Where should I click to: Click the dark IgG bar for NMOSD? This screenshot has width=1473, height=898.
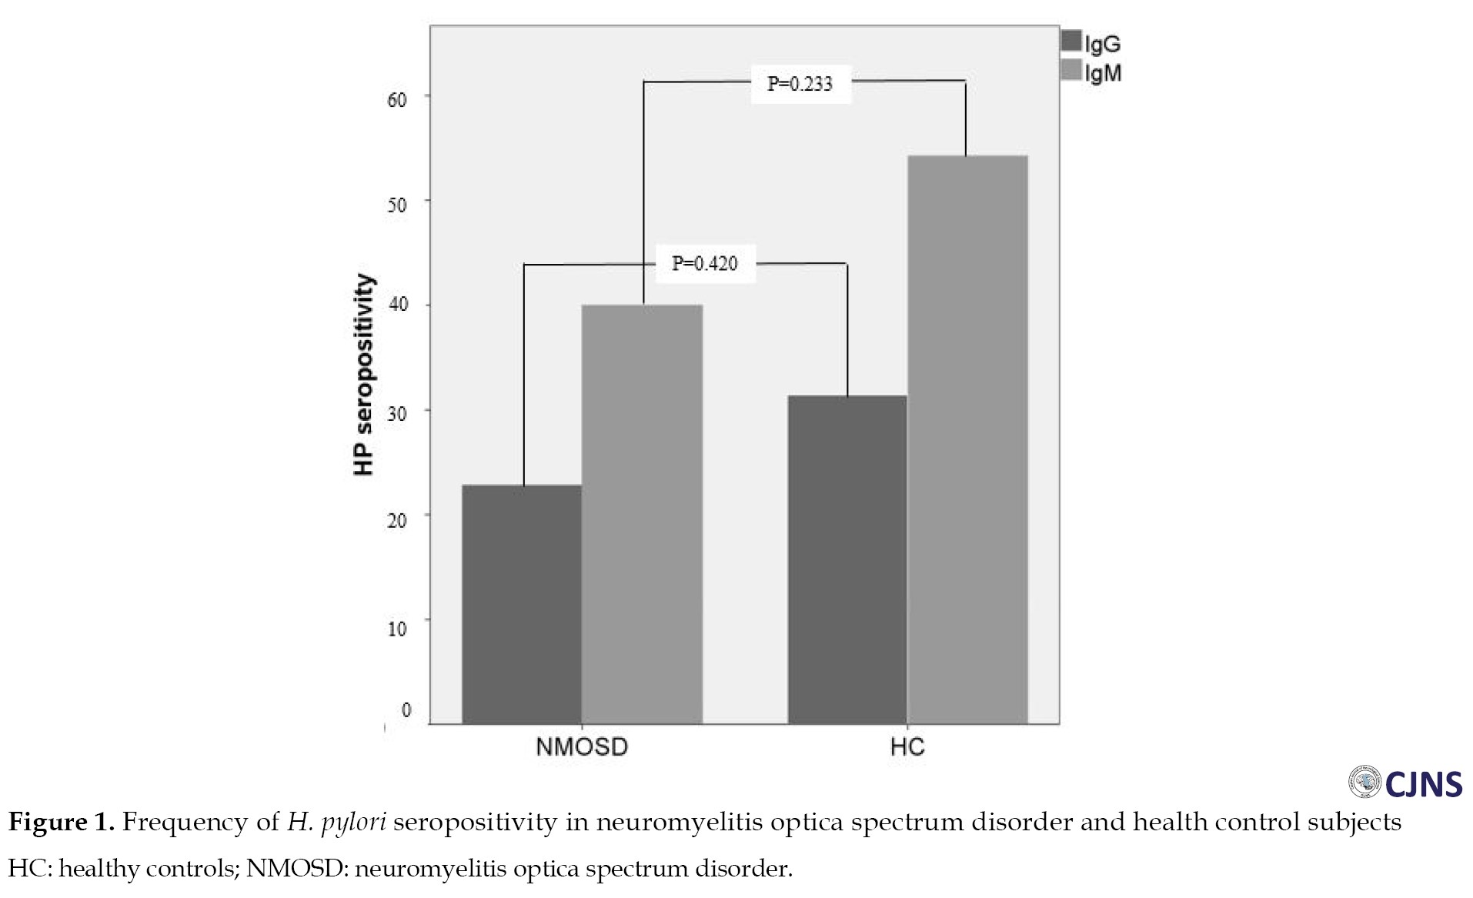pos(522,604)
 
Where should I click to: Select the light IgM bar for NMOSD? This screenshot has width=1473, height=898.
pos(642,514)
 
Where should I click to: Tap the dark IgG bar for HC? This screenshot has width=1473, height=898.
pos(847,559)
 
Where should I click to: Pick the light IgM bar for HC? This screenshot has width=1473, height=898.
pos(967,439)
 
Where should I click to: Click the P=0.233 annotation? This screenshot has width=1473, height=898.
pos(800,84)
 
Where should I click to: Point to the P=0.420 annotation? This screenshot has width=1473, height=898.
pos(704,263)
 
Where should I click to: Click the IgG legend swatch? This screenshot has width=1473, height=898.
pos(1071,41)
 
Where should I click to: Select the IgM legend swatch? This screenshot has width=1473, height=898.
pos(1071,70)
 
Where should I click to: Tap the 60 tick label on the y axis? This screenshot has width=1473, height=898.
pos(397,100)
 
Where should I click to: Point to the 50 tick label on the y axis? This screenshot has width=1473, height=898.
pos(397,205)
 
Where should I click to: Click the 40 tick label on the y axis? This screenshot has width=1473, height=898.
pos(398,305)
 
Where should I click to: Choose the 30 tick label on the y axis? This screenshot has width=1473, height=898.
pos(397,414)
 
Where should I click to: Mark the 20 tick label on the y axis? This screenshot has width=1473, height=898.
pos(397,521)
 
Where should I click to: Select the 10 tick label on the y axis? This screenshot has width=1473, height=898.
pos(397,629)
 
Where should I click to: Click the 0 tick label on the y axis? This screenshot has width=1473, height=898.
pos(406,709)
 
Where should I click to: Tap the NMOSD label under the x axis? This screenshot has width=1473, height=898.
pos(582,747)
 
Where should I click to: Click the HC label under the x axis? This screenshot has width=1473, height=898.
pos(907,747)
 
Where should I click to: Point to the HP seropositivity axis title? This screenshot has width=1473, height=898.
pos(363,375)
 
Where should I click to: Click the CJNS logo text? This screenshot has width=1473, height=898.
pos(1423,784)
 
